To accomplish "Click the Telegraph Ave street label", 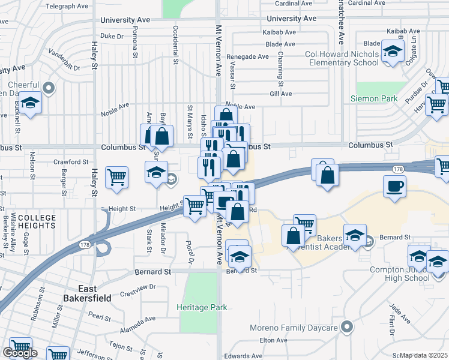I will (67, 6).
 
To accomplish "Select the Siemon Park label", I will (374, 98).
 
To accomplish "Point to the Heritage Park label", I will (202, 307).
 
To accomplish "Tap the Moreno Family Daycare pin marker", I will (346, 327).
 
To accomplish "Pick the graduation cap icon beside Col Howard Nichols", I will (393, 52).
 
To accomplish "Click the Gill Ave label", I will (280, 94).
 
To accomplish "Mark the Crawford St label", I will (71, 162).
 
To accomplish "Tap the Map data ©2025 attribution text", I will (423, 355).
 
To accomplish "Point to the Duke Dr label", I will (111, 36).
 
